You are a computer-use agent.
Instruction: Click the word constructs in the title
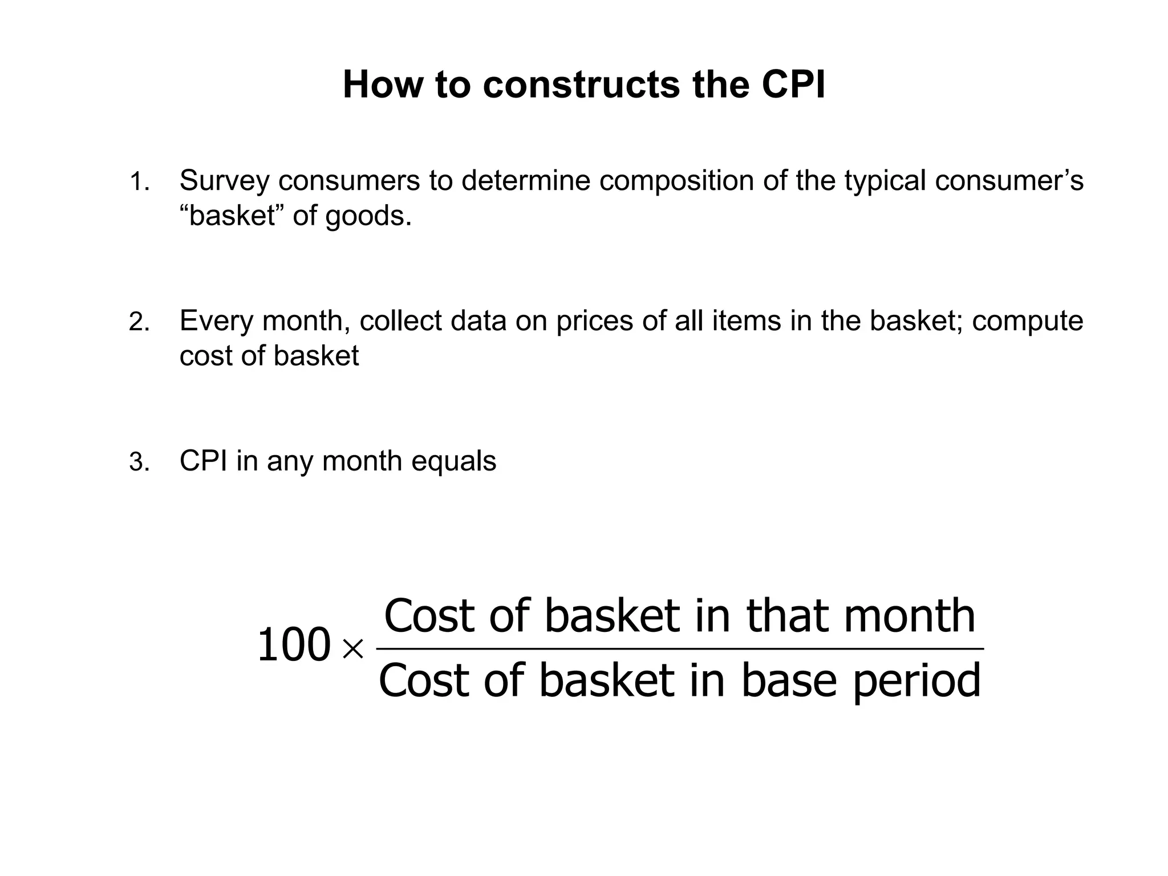point(581,85)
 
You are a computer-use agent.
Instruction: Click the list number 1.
point(139,183)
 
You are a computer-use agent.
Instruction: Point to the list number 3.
point(139,463)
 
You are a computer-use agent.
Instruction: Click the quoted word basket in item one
point(232,216)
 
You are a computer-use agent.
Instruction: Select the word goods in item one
point(368,217)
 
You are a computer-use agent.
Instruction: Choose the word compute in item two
point(1027,321)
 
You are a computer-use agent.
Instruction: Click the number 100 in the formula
point(294,646)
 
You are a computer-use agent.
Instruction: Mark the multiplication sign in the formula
point(352,648)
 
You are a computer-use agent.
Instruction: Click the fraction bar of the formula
point(680,649)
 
